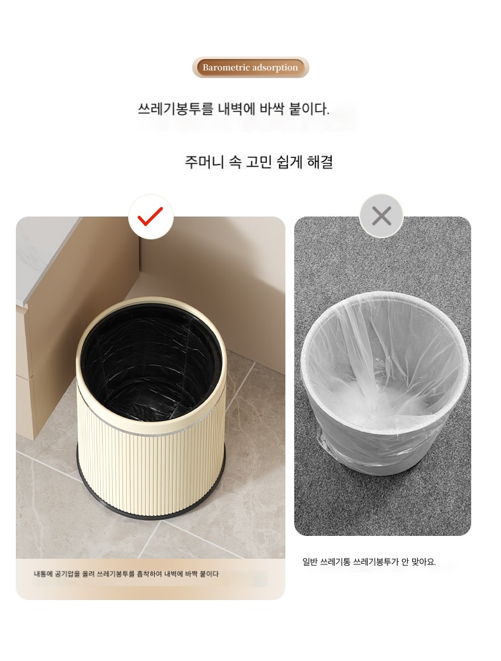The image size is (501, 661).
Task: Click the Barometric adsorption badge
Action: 251,67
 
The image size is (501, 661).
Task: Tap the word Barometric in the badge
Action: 226,67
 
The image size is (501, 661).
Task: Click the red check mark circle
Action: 151,217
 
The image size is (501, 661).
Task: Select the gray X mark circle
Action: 381,216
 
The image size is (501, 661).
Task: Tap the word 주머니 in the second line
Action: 204,162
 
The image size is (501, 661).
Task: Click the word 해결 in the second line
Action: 320,162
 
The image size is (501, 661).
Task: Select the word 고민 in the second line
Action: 259,162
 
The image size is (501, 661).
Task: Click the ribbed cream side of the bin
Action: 152,468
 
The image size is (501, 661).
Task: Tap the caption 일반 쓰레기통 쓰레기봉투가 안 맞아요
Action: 369,562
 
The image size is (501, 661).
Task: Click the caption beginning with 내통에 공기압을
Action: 126,574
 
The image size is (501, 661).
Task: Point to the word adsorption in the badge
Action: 275,67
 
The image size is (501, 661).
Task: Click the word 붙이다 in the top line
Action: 309,109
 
